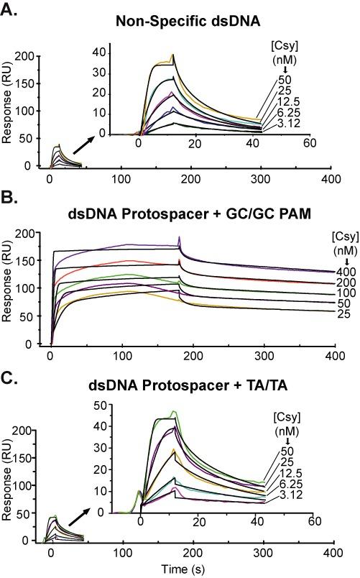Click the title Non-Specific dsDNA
[182, 22]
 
